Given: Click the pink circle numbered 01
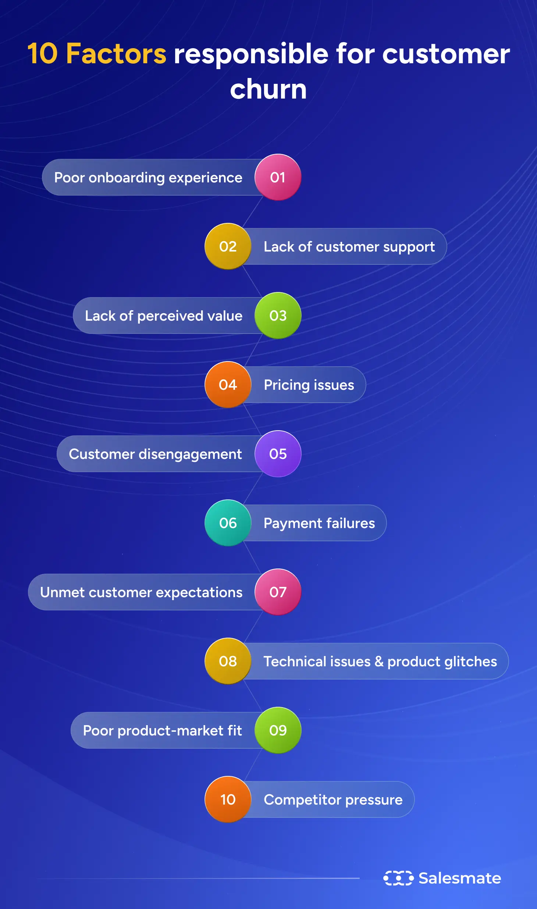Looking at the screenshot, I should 278,177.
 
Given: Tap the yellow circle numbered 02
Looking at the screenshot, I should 228,246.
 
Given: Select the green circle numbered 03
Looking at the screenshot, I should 278,316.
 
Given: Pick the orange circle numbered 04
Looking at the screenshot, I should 228,385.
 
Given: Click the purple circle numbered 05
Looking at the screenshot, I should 278,454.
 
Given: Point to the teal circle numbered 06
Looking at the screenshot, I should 228,523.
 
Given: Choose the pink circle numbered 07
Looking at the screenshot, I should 278,592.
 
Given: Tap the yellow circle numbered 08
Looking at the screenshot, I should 228,661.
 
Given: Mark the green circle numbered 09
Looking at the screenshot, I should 278,730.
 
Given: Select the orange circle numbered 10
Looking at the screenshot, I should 228,799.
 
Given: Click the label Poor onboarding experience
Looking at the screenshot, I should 148,178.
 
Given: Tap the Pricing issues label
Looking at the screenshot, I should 309,385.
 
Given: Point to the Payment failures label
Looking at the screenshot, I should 319,523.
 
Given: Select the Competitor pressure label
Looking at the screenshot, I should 333,800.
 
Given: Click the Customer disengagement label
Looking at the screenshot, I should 155,454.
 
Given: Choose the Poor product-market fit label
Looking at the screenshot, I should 162,731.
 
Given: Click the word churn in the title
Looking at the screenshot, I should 268,89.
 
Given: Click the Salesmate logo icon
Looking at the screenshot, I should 398,878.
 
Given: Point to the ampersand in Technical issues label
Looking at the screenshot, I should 379,662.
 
